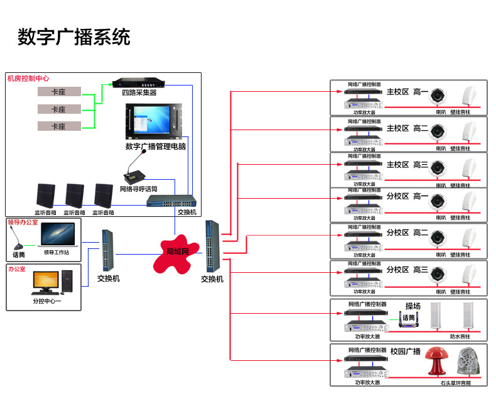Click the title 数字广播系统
[x=74, y=37]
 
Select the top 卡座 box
[x=58, y=92]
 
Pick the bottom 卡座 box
[x=58, y=126]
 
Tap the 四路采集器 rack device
[x=143, y=83]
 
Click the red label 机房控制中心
[x=28, y=79]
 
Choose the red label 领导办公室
[x=23, y=222]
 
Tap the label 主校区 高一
[x=407, y=92]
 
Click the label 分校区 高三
[x=407, y=269]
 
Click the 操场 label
[x=412, y=306]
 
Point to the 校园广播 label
[x=406, y=351]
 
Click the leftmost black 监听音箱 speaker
[x=46, y=196]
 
